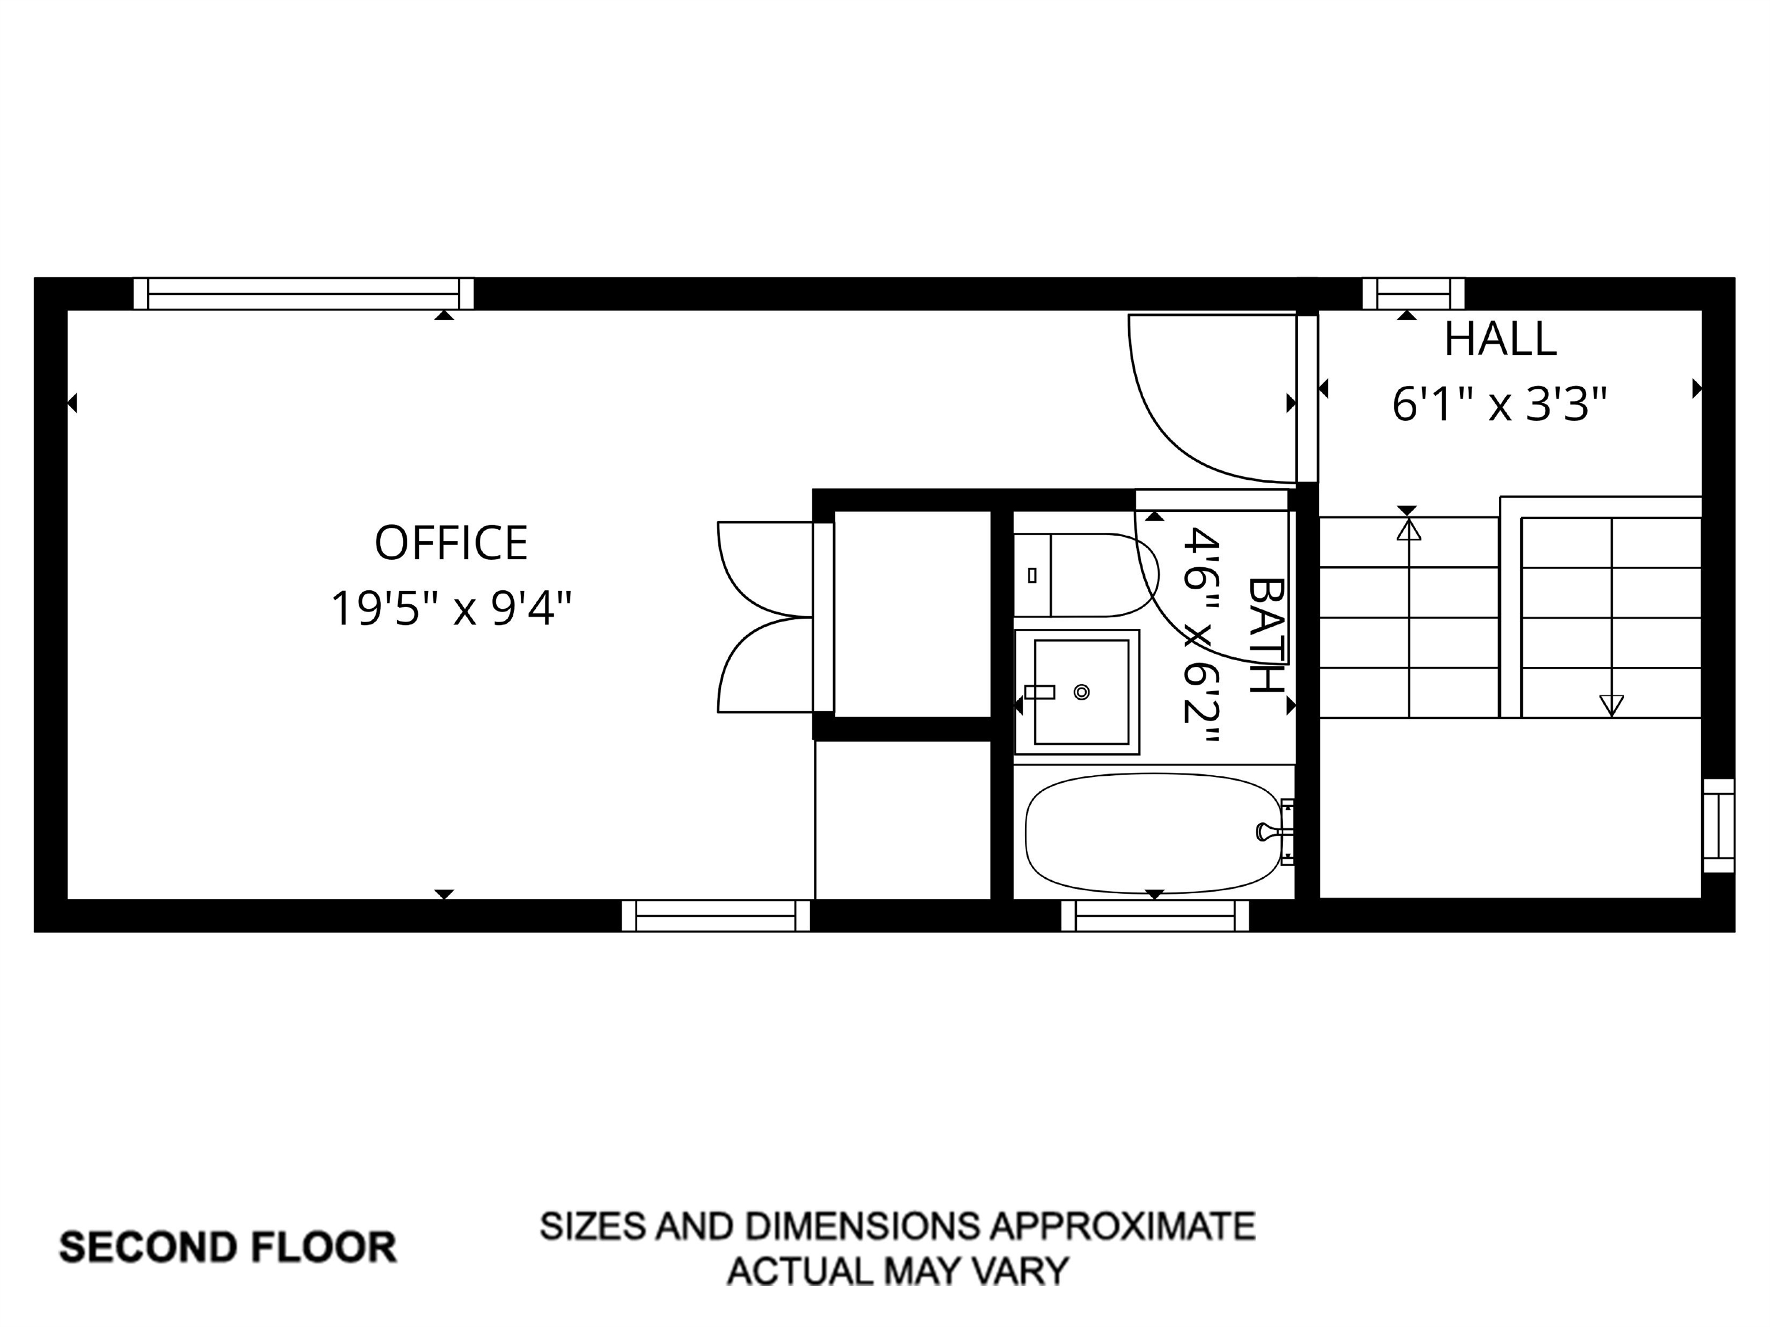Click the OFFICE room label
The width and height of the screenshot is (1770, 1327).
click(451, 543)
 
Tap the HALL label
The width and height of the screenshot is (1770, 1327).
click(1500, 340)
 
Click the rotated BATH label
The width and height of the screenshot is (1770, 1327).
click(1266, 635)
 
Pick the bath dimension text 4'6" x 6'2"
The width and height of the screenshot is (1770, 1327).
click(1200, 636)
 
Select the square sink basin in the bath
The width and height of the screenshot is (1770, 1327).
click(1080, 692)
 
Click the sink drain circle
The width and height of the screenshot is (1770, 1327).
click(1082, 692)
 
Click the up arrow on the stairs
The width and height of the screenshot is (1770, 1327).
click(1408, 529)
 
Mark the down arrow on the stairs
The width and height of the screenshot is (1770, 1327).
click(1612, 704)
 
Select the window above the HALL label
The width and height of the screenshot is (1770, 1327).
click(1413, 294)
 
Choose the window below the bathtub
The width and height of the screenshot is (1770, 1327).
click(1155, 916)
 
